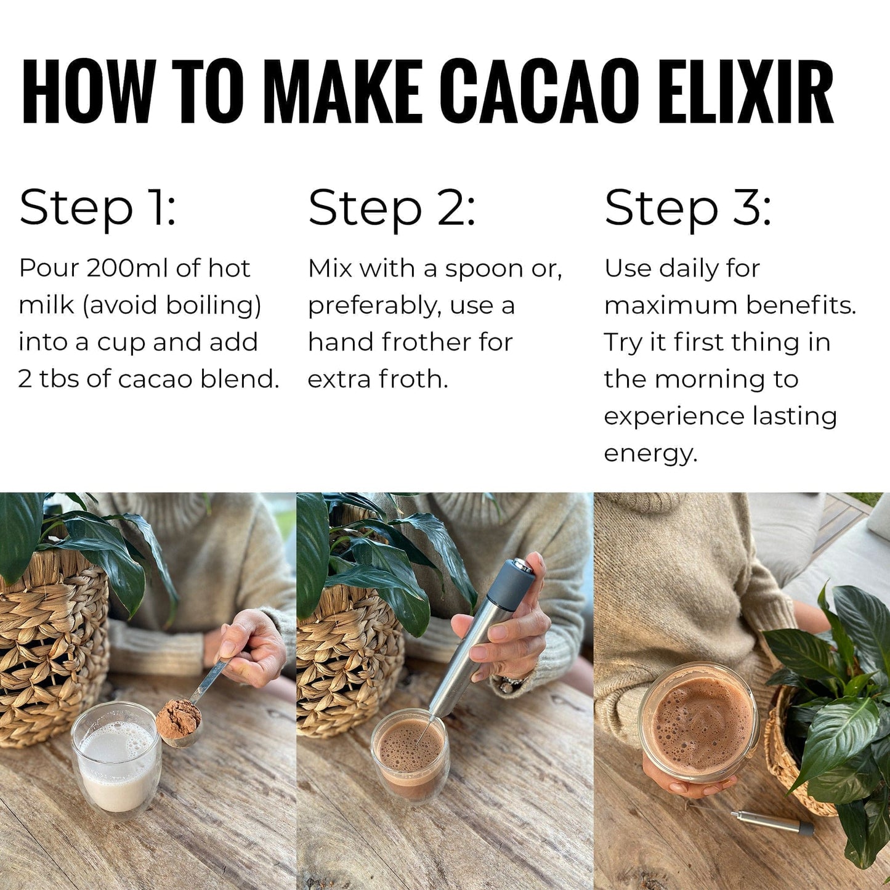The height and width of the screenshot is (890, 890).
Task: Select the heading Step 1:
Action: point(97,208)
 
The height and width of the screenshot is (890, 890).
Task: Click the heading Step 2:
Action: point(392,208)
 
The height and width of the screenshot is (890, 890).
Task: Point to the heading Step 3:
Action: point(687,208)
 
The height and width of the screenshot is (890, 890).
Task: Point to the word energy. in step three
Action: point(650,454)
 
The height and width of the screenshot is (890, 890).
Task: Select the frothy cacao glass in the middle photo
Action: point(410,754)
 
